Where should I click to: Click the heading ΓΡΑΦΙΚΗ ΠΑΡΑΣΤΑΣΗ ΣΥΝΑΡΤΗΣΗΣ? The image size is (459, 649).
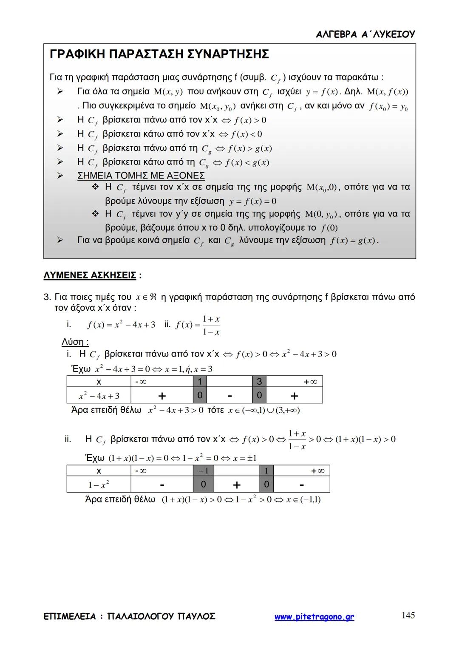coord(159,54)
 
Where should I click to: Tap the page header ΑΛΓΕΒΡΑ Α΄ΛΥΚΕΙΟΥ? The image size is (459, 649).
coord(365,34)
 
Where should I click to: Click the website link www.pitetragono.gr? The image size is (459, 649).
coord(314,617)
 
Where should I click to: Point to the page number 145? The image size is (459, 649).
coord(408,615)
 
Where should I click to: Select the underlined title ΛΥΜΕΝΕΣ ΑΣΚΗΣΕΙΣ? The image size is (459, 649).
coord(90,275)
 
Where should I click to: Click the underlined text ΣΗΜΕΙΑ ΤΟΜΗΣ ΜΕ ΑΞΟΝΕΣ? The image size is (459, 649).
coord(141,176)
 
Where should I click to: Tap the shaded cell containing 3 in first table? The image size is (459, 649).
coord(259,381)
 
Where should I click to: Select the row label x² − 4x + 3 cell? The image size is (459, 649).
coord(99,396)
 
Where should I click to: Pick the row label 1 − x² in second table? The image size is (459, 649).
coord(99,485)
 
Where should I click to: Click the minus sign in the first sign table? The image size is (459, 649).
coord(229,396)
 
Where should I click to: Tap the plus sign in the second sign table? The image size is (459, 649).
coord(237,485)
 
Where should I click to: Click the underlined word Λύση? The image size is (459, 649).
coord(75,342)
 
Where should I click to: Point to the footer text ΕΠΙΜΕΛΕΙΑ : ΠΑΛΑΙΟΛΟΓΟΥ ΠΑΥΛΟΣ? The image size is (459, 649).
coord(130,616)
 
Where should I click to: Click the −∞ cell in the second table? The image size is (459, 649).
coord(141,470)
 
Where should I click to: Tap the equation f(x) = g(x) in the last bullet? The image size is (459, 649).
coord(354,241)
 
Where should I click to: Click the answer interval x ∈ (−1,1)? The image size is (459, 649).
coord(303,500)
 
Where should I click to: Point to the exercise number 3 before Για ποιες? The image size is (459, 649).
coord(47,297)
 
